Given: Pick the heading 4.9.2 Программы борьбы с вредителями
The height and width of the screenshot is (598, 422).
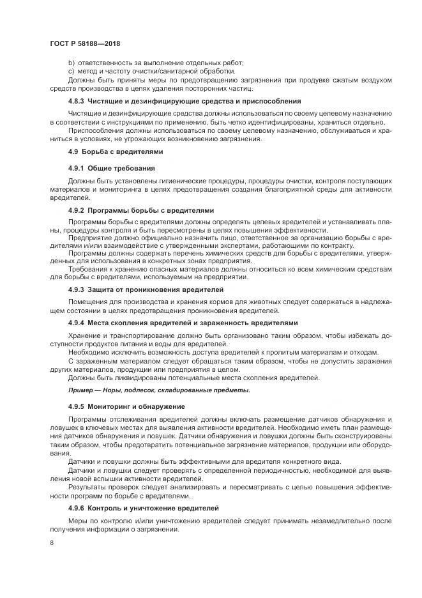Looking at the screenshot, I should pos(140,210).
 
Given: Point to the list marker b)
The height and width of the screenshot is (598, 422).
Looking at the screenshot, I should pos(71,63).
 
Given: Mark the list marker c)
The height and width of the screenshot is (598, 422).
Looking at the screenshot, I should pos(71,71).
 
